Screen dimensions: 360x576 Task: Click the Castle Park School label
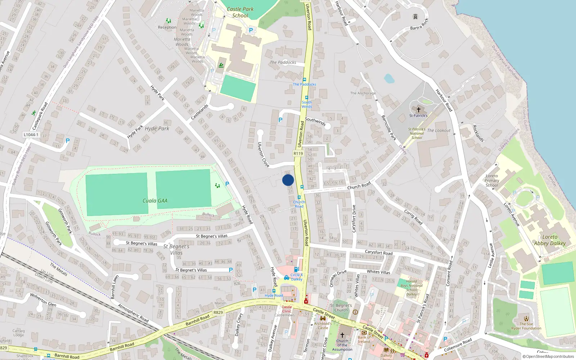240,12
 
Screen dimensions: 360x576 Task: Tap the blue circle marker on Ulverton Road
288,180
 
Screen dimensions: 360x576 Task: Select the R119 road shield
298,153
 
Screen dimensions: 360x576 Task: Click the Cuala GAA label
155,201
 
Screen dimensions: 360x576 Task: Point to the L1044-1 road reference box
31,135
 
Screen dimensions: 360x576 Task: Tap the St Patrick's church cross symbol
418,109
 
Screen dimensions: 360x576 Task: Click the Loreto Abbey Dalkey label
550,240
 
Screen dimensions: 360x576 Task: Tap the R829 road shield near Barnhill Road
218,312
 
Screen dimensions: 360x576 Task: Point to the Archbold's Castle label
323,325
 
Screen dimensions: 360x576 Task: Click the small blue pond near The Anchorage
389,78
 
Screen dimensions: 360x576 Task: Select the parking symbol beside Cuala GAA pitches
227,184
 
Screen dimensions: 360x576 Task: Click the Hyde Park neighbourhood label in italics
157,129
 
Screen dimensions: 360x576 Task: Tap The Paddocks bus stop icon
305,80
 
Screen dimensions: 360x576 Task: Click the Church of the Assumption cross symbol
342,334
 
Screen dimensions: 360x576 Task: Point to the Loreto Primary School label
492,181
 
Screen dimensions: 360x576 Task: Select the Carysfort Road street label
379,252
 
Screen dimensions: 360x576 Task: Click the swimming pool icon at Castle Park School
221,66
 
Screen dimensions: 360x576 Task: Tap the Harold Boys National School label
412,288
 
